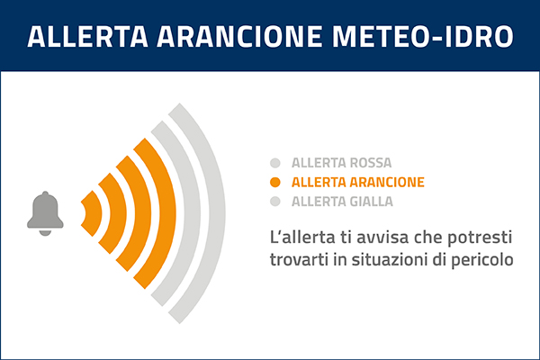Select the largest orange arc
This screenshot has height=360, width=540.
[155, 211]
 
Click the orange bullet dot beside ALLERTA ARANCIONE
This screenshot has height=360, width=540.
[275, 183]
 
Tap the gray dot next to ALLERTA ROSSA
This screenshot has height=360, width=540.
[275, 164]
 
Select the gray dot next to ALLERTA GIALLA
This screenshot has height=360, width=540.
[275, 201]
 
